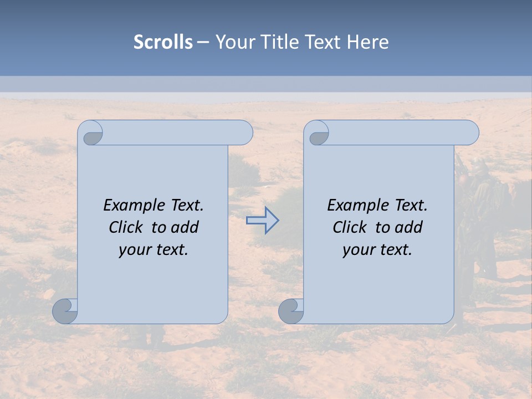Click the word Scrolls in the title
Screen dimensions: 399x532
[x=163, y=42]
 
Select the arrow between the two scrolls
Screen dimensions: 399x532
[x=262, y=221]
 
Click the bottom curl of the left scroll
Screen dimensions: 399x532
[x=64, y=310]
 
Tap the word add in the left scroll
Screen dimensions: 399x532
[x=185, y=227]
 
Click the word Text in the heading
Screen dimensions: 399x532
[x=324, y=42]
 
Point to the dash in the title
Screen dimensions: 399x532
[x=203, y=43]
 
